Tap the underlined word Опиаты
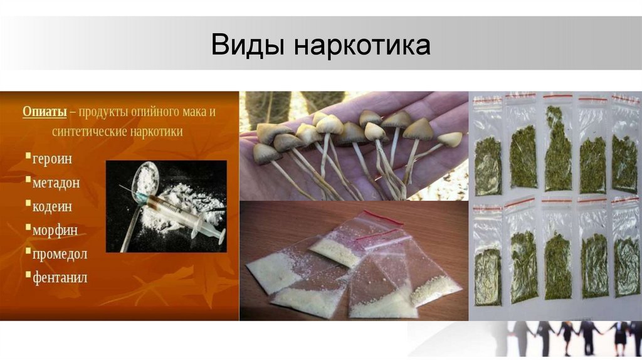(45, 112)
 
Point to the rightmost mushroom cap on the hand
(450, 139)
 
